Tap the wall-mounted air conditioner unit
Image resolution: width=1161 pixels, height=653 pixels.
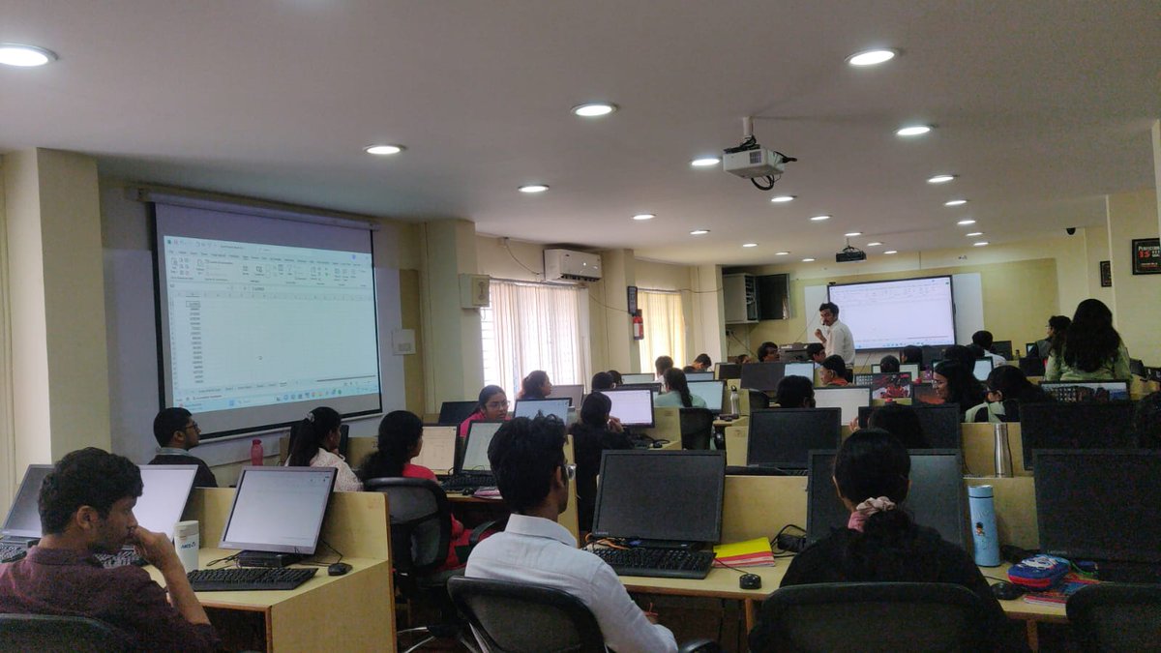(x=572, y=265)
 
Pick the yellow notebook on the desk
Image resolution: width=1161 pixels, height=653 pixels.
(x=743, y=552)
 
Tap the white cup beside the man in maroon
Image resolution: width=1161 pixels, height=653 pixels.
(x=186, y=544)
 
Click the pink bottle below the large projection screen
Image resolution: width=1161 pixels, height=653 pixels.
(x=256, y=452)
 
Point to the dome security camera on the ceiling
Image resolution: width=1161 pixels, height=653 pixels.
(x=1070, y=231)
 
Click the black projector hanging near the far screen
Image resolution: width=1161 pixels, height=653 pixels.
(x=850, y=254)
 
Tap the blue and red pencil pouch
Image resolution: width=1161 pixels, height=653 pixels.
(x=1040, y=572)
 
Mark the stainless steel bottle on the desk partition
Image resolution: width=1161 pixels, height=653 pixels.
(x=1001, y=449)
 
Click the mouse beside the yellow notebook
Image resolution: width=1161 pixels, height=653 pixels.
(x=750, y=580)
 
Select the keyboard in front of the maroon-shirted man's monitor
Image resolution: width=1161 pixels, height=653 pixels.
(x=252, y=578)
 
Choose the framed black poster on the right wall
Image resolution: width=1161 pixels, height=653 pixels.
(x=1146, y=255)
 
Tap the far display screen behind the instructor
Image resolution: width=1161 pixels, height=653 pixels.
(x=890, y=312)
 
